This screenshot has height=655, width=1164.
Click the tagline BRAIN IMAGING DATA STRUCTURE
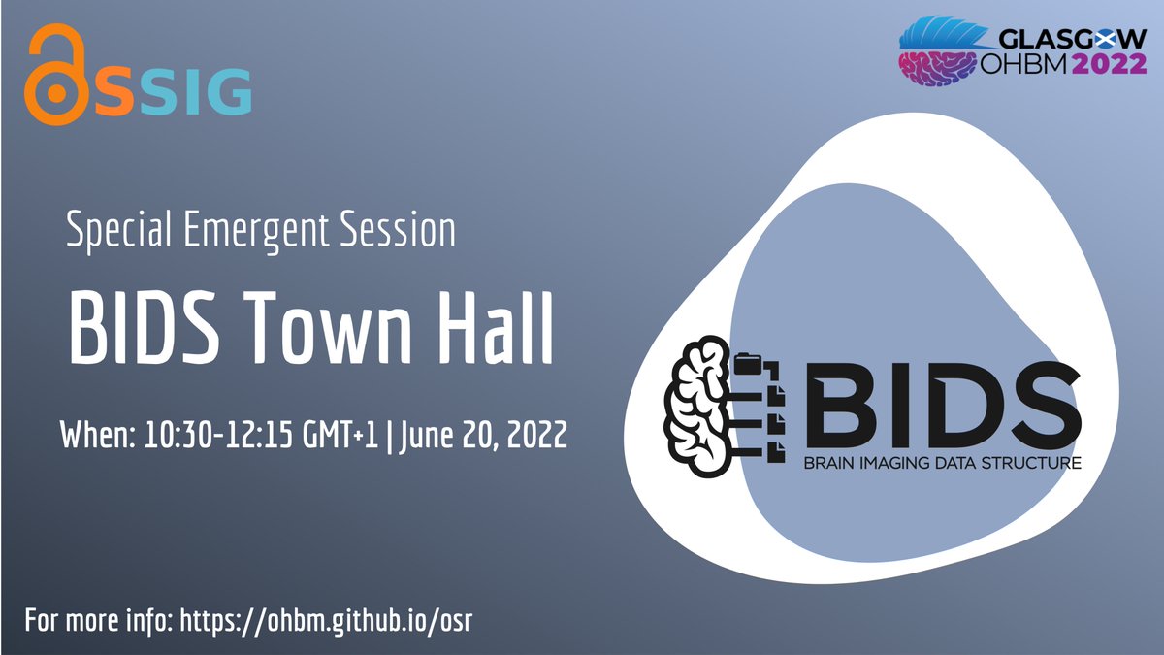[x=941, y=464]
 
